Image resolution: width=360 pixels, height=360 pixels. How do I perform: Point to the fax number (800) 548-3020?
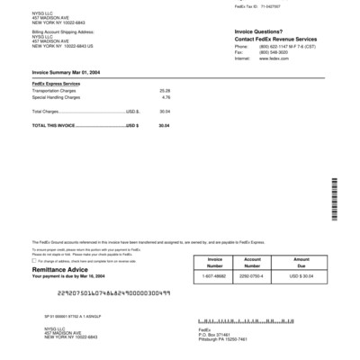pyautogui.click(x=265, y=51)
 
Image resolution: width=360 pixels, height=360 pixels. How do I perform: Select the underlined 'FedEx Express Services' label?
pyautogui.click(x=57, y=84)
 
